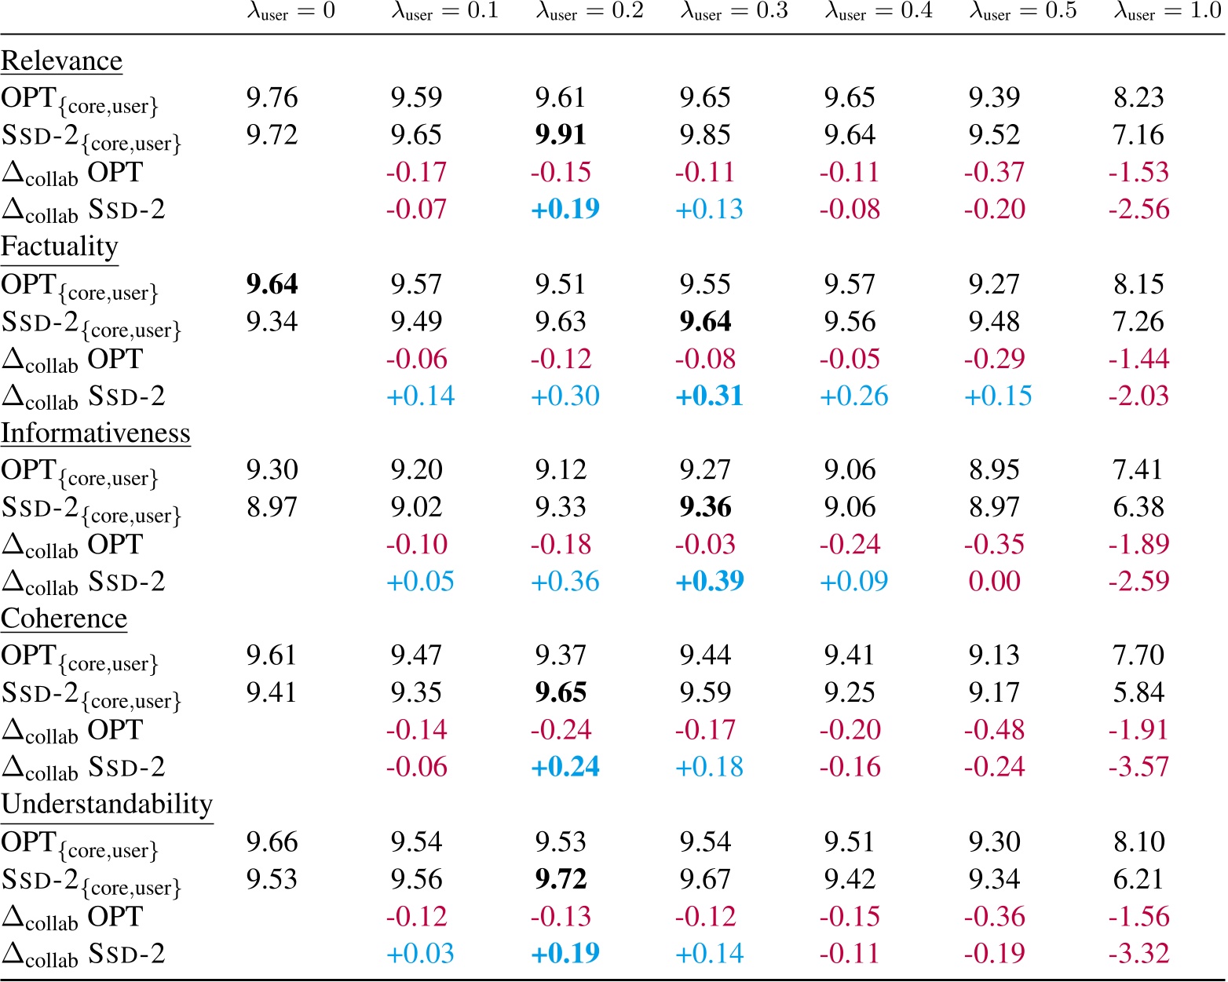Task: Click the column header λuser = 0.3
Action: pos(733,12)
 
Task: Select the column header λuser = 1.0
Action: pos(1168,12)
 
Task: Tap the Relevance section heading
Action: pos(61,60)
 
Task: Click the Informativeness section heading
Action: pos(95,433)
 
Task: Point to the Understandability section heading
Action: pos(107,804)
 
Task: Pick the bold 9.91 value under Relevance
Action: pos(561,134)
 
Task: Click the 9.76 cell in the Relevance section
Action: pos(272,97)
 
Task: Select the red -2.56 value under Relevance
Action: pos(1138,209)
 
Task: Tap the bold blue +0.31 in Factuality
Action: pos(709,396)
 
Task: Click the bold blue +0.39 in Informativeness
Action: pos(709,581)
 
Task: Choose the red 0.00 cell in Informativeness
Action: pos(994,581)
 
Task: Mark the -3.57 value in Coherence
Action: pos(1138,766)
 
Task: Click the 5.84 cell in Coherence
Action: pos(1138,692)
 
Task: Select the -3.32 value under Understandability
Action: pos(1138,953)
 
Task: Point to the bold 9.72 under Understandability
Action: pos(561,879)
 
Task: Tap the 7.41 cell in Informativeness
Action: pos(1138,469)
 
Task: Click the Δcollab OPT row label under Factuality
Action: pos(72,360)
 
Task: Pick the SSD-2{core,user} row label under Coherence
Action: pos(90,694)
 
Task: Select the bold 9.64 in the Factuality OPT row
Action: pos(272,284)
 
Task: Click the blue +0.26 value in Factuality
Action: pos(853,396)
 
